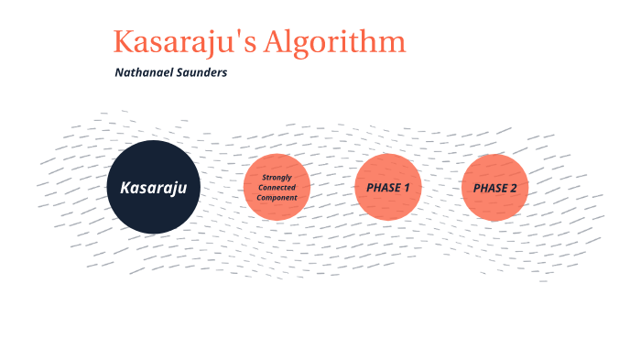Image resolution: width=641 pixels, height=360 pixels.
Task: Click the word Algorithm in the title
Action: click(335, 42)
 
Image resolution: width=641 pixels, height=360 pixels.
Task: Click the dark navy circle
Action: click(153, 187)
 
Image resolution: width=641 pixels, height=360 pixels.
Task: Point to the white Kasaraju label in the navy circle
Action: click(153, 188)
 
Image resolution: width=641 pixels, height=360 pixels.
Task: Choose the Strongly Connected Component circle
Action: click(277, 187)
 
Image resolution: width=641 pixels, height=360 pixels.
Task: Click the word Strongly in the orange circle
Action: click(277, 178)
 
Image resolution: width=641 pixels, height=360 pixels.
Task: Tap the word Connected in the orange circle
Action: click(277, 188)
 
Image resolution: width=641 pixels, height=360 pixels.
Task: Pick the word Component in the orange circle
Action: click(277, 198)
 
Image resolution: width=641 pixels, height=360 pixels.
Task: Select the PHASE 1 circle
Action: click(388, 187)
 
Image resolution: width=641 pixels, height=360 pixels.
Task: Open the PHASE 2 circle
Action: click(495, 188)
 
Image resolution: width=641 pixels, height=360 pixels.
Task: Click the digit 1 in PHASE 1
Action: click(407, 188)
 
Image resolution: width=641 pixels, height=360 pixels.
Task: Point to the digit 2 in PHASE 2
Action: click(513, 188)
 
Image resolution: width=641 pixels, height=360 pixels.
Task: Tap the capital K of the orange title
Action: click(123, 42)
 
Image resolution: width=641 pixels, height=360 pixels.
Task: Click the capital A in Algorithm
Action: click(277, 42)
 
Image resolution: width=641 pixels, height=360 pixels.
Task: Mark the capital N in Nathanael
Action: click(119, 72)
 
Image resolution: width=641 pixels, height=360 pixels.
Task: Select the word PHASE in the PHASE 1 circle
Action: click(384, 188)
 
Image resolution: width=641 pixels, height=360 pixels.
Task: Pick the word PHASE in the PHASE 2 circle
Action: click(490, 188)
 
